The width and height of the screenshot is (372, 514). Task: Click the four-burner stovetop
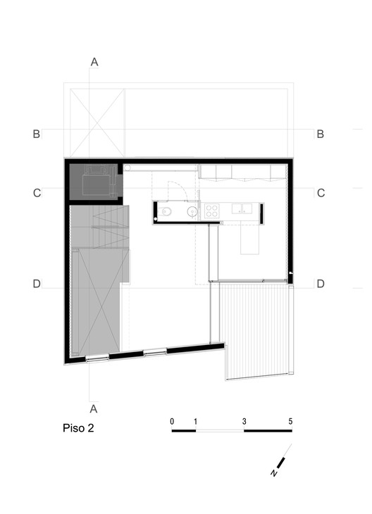click(x=212, y=211)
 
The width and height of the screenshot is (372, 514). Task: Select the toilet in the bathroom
click(x=165, y=212)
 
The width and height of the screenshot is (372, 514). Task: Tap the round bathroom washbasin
click(x=192, y=212)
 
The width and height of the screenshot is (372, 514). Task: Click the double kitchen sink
click(x=242, y=208)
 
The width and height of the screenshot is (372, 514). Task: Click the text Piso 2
click(x=78, y=428)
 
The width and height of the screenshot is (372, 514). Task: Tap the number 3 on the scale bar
click(x=244, y=421)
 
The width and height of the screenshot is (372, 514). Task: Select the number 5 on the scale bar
click(x=290, y=421)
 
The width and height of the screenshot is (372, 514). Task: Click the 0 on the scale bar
click(x=172, y=421)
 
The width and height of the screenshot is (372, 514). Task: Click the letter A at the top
click(x=94, y=62)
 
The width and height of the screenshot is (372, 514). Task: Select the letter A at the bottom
click(x=94, y=409)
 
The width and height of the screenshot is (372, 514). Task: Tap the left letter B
click(x=37, y=134)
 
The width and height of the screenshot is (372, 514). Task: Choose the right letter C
click(x=321, y=193)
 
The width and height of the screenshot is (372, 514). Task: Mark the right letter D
click(x=321, y=284)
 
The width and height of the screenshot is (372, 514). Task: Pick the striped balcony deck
click(x=258, y=330)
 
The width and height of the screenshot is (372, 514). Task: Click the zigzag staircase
click(x=100, y=227)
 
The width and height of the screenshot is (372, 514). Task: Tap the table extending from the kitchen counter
click(x=249, y=238)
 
